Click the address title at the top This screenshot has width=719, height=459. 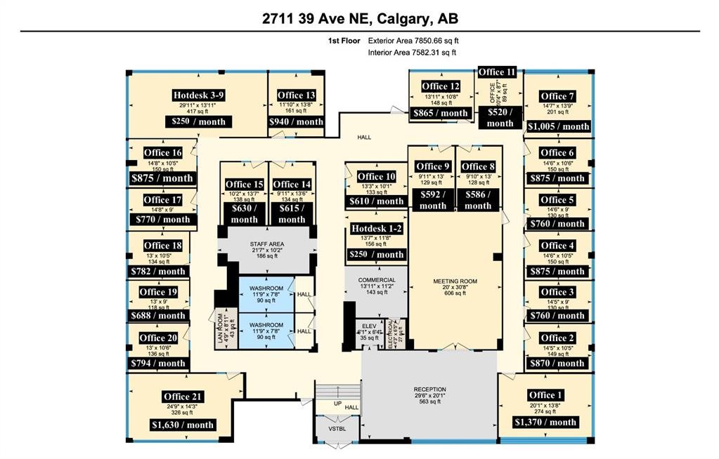(x=359, y=18)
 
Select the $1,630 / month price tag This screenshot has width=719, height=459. (x=182, y=425)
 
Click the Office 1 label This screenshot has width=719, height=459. (x=546, y=395)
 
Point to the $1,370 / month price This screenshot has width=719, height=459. (x=546, y=422)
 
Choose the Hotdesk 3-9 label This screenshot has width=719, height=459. (x=198, y=95)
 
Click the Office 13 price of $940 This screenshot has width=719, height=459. (x=296, y=121)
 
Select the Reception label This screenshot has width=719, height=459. (x=429, y=390)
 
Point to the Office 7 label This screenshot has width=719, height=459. (x=558, y=96)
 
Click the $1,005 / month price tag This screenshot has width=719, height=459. (x=558, y=126)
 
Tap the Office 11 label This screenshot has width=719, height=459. (x=497, y=72)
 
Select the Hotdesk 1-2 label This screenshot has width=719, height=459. (x=377, y=229)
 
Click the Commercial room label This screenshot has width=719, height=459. (x=377, y=280)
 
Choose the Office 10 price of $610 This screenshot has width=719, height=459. (x=377, y=201)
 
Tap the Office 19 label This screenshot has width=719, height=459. (x=158, y=292)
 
